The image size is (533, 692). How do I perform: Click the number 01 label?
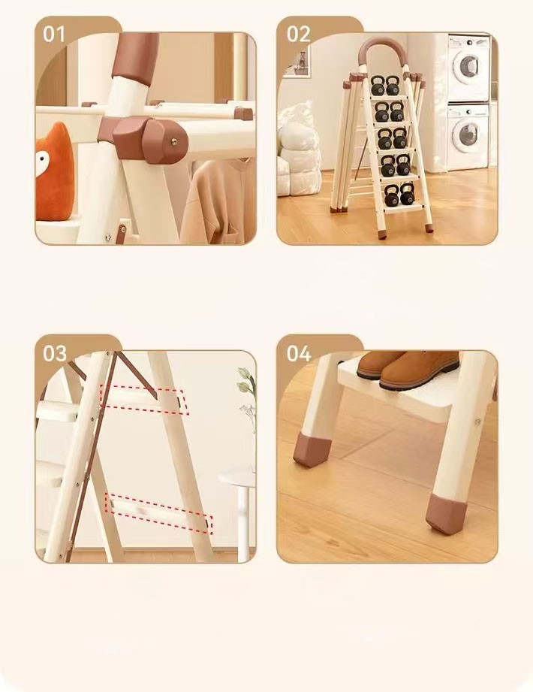54,35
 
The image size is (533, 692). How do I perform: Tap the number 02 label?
299,35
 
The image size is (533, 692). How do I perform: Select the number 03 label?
54,353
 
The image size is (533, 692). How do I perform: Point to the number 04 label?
299,353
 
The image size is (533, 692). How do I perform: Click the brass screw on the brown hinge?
173,142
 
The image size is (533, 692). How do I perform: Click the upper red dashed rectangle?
144,400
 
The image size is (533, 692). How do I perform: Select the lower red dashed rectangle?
158,514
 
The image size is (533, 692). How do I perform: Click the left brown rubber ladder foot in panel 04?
312,449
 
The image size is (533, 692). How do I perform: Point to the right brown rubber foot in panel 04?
445,514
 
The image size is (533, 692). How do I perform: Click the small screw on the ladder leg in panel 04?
477,422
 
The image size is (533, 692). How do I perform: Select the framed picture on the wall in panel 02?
297,62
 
